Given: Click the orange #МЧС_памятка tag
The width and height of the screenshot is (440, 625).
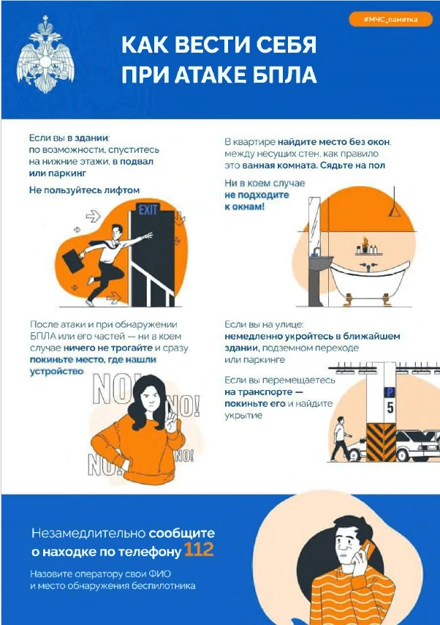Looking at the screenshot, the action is [390, 20].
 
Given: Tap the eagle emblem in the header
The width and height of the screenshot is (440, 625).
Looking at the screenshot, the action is [45, 54].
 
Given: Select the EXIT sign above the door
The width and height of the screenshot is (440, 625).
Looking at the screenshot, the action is [148, 209].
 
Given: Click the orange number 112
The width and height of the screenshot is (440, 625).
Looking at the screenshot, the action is [199, 550].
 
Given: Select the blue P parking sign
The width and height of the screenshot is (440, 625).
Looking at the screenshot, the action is [389, 392].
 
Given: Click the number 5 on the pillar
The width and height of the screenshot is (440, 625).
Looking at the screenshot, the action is [390, 408].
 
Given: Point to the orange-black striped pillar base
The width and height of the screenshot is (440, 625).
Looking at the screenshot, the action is [381, 442].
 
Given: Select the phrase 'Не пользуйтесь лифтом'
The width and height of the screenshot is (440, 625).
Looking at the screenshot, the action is [84, 190].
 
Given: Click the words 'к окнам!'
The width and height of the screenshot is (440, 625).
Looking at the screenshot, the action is [244, 206].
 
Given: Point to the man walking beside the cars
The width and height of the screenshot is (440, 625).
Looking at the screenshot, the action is [340, 438].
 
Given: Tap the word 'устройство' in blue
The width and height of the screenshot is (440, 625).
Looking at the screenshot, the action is [56, 371].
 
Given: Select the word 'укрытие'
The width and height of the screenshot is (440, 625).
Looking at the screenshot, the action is [243, 416].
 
